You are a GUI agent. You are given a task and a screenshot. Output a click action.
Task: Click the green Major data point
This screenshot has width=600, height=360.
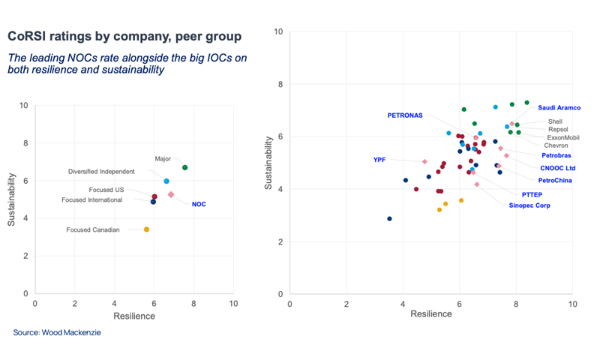click(185, 167)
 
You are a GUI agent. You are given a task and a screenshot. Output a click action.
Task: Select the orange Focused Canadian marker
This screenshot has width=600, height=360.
click(146, 229)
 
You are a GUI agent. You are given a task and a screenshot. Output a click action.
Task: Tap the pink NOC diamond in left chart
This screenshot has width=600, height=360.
click(171, 194)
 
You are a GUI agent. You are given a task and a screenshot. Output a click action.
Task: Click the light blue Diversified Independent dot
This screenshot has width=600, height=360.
click(166, 181)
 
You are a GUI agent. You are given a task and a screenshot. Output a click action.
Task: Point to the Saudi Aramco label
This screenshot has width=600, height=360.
click(559, 108)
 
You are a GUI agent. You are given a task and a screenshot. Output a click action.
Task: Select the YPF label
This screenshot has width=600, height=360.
click(379, 160)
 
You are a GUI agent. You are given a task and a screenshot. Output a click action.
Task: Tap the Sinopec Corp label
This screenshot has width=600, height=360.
click(529, 205)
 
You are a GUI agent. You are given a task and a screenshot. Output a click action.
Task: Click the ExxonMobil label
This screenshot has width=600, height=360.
click(563, 137)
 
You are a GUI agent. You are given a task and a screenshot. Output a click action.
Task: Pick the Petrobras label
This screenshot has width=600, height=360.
click(557, 155)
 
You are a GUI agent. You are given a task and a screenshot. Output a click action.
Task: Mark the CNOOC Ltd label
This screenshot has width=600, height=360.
click(558, 168)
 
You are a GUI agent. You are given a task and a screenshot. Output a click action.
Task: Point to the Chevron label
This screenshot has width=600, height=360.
click(556, 145)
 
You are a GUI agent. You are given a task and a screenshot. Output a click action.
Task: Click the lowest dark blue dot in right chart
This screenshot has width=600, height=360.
click(389, 219)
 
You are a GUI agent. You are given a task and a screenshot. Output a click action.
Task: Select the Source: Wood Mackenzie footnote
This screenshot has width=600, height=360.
click(56, 332)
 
